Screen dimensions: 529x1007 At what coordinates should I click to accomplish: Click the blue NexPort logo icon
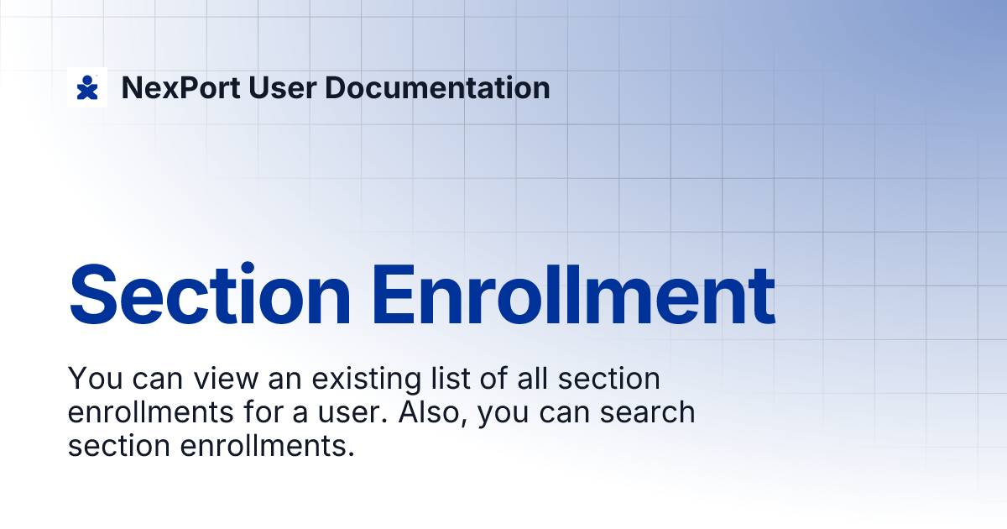pos(87,87)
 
